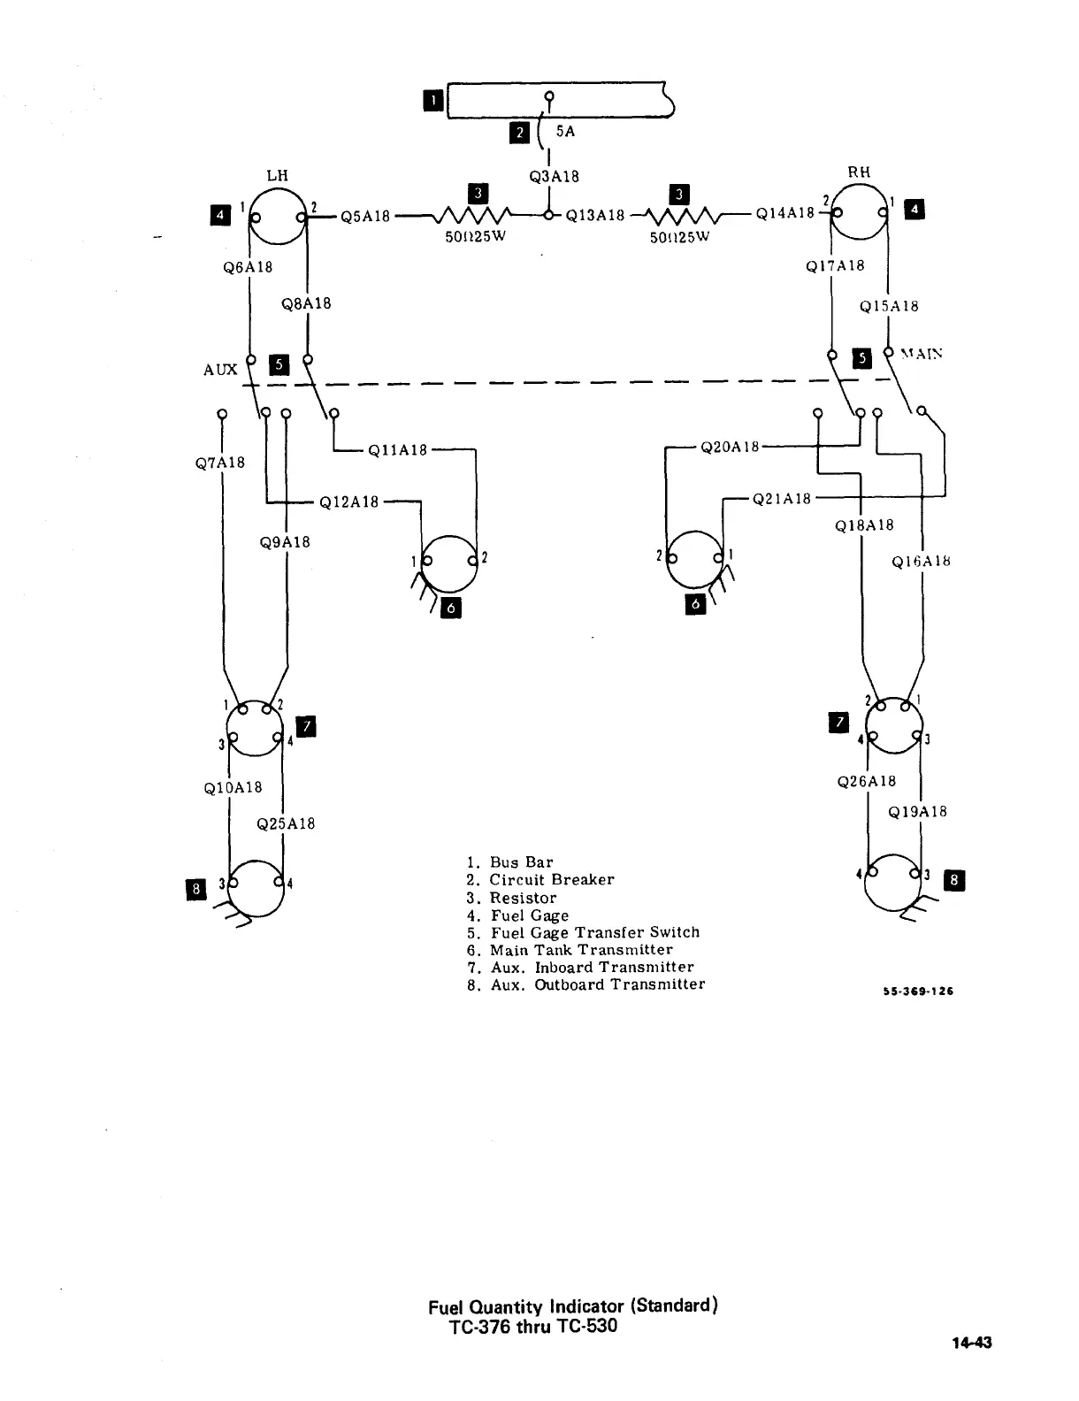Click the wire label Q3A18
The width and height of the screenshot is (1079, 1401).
coord(554,176)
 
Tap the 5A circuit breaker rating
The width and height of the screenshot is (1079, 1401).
coord(566,132)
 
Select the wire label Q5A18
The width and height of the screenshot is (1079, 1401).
coord(365,216)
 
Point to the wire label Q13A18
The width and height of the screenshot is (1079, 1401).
coord(595,215)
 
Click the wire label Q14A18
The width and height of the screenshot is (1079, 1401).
coord(785,213)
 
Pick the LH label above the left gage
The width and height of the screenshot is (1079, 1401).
coord(278,174)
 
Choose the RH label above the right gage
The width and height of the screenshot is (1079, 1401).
coord(859,172)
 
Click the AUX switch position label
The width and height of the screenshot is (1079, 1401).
coord(220,370)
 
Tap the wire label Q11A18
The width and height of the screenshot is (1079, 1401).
coord(398,450)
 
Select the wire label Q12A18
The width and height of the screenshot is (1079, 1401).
coord(348,502)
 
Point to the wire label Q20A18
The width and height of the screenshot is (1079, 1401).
coord(730,448)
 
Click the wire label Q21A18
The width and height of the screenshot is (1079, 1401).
coord(782,499)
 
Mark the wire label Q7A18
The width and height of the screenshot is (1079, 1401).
coord(220,463)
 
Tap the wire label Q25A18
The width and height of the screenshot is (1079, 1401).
coord(286,823)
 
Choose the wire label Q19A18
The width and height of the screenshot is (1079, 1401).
coord(917,811)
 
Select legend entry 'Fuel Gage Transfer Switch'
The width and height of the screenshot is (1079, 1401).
coord(584,932)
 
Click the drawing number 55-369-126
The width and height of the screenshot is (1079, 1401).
coord(917,991)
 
